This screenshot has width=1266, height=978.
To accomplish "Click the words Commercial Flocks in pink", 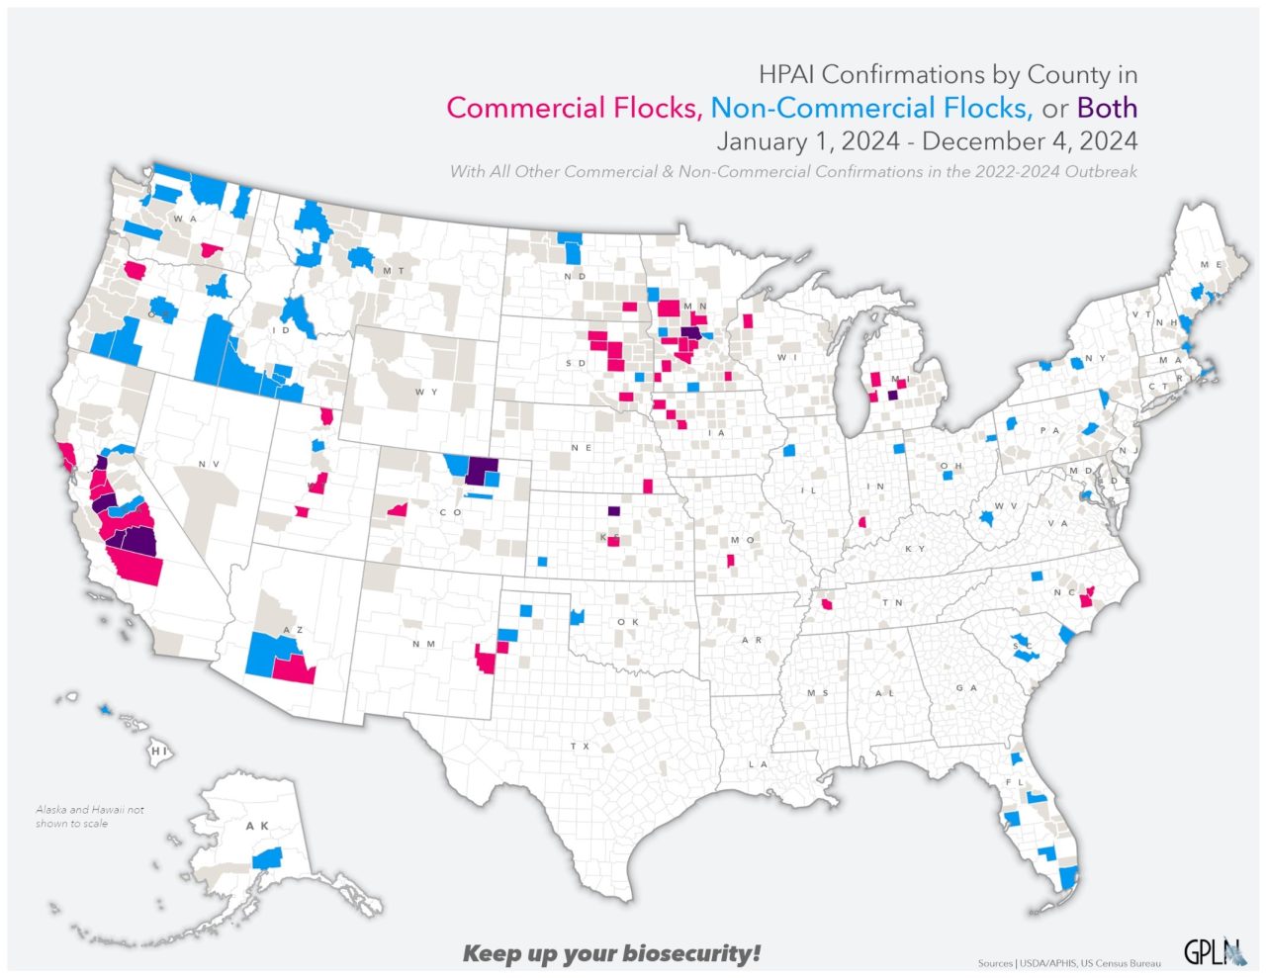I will [x=574, y=108].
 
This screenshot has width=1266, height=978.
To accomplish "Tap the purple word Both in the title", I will [x=1107, y=108].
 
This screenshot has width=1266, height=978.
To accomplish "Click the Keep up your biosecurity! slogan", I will [x=612, y=953].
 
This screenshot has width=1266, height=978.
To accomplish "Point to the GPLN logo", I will [x=1215, y=951].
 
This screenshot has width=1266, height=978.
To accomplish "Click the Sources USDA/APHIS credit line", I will [x=1069, y=962].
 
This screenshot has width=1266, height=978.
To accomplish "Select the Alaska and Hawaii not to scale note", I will [x=90, y=816].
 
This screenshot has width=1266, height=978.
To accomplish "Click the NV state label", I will [x=208, y=464].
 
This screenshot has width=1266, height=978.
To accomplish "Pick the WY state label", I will [x=426, y=392].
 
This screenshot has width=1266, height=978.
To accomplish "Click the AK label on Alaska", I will [x=257, y=826].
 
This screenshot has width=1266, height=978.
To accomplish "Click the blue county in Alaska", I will [x=267, y=857].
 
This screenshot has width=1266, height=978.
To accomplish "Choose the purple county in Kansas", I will [x=613, y=511].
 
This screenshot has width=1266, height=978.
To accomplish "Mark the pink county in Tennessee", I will [x=826, y=603].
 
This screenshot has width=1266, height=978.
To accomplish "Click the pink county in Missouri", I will [x=731, y=561].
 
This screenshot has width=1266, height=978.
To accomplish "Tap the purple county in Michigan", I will [x=893, y=395].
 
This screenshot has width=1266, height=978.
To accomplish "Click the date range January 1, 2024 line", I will [x=927, y=140].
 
